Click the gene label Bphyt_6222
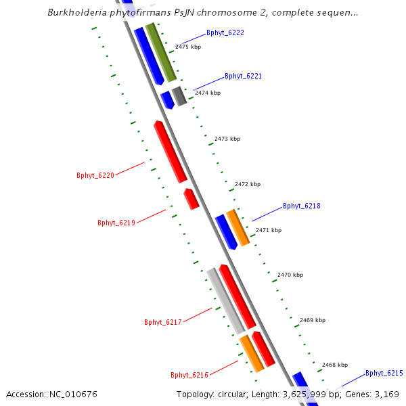click(225, 32)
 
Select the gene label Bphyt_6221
click(243, 76)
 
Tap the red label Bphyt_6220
click(95, 176)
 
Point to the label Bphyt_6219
click(116, 223)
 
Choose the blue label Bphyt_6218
click(301, 206)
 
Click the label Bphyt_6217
click(163, 322)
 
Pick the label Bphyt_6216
click(189, 375)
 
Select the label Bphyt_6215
click(384, 373)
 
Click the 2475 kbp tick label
click(188, 47)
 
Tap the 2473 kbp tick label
click(227, 139)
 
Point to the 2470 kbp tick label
click(290, 275)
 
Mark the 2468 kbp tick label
click(335, 365)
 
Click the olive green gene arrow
click(161, 52)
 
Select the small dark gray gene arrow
click(179, 96)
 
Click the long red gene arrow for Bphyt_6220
click(170, 152)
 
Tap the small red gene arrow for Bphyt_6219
click(191, 199)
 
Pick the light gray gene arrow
click(225, 300)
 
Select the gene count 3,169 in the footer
click(386, 394)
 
